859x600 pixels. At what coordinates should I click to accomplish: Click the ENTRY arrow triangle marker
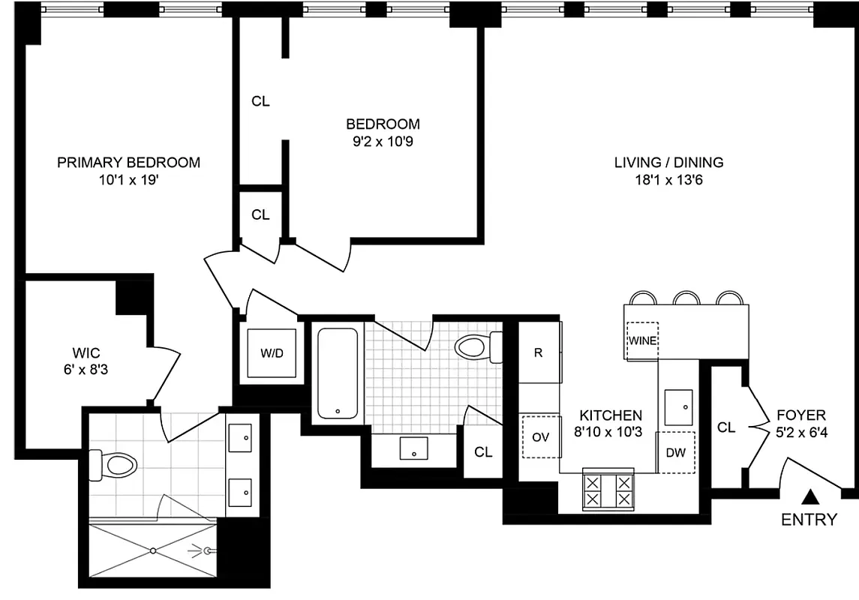tap(810, 496)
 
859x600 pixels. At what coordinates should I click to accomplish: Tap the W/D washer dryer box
tap(272, 353)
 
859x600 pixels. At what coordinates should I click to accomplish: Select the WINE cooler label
tap(642, 340)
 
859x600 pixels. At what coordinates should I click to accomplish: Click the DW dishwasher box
tap(676, 452)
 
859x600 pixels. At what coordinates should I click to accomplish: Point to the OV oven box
tap(541, 437)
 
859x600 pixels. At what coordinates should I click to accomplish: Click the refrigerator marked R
tap(539, 352)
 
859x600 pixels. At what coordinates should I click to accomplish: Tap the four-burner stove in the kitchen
tap(608, 491)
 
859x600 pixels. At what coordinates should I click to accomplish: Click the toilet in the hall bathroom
tap(477, 347)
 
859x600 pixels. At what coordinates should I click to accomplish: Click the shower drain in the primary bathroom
tap(153, 551)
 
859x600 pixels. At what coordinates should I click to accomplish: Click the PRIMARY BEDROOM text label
tap(129, 162)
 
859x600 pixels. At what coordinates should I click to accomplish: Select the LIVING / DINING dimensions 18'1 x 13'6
tap(668, 180)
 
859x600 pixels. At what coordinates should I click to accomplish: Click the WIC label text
tap(86, 351)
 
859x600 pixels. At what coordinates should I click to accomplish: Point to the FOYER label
tap(800, 415)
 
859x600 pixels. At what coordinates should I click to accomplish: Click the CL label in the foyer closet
tap(726, 427)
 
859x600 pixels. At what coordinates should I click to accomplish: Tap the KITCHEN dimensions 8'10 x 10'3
tap(608, 433)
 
